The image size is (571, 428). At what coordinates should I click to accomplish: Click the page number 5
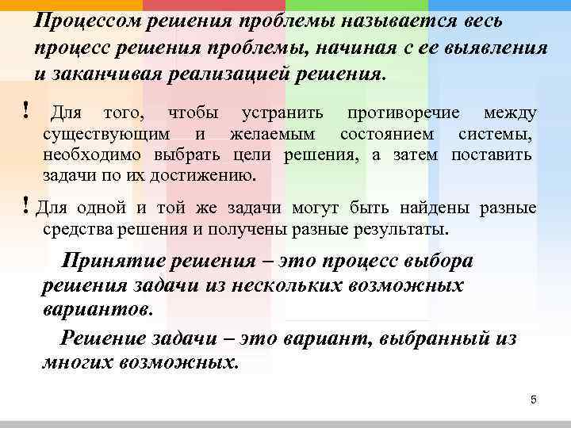(534, 399)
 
